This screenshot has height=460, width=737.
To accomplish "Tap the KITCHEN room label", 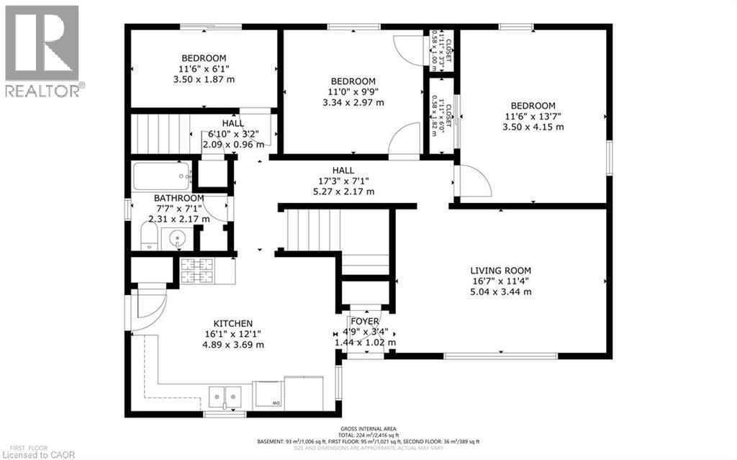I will click(232, 323).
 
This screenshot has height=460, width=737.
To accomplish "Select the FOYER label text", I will click(365, 321).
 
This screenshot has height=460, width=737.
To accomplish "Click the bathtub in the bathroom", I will click(162, 175).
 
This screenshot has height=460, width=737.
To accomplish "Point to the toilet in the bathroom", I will click(148, 235).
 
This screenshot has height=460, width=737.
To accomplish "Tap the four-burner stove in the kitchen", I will click(196, 270).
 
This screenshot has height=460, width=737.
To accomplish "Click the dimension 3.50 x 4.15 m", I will click(533, 127).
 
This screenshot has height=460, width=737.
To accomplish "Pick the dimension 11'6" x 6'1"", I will click(204, 69).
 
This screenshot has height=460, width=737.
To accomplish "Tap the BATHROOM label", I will click(178, 198).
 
